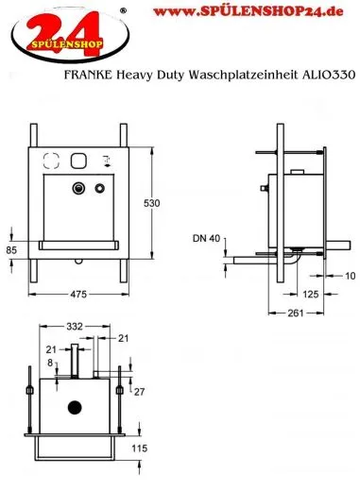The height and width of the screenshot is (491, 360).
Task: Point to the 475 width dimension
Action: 79,295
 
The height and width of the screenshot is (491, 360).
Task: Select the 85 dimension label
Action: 10,251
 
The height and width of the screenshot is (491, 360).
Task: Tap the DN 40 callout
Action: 206,238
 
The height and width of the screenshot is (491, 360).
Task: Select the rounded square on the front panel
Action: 78,160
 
